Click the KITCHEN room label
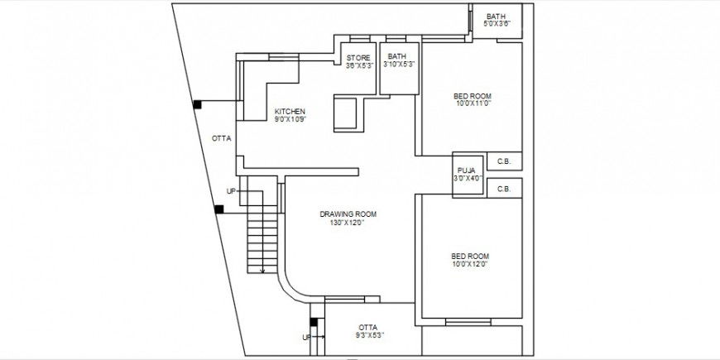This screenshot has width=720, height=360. (290, 112)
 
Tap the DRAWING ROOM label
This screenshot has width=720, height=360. (348, 214)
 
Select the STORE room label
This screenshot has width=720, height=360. (358, 57)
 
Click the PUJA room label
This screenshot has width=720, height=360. (466, 170)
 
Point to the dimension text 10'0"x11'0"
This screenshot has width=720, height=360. (473, 103)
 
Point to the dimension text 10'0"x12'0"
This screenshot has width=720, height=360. (469, 264)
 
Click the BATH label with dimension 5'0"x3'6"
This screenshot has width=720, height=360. (497, 17)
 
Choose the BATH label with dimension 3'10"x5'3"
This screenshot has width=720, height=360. (397, 57)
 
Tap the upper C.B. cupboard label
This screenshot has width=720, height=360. (503, 161)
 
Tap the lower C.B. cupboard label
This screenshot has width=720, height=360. (503, 189)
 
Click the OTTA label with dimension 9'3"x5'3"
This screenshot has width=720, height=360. (368, 327)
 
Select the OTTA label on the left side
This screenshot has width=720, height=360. (221, 138)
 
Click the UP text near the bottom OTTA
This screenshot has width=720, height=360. (306, 337)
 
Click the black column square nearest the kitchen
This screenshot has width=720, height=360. (198, 104)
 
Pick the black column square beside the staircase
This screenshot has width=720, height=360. (218, 209)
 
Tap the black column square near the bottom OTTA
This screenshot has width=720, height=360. (314, 322)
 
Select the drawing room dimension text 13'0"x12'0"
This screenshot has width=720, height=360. (348, 223)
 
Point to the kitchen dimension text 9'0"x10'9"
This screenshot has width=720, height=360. (290, 120)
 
